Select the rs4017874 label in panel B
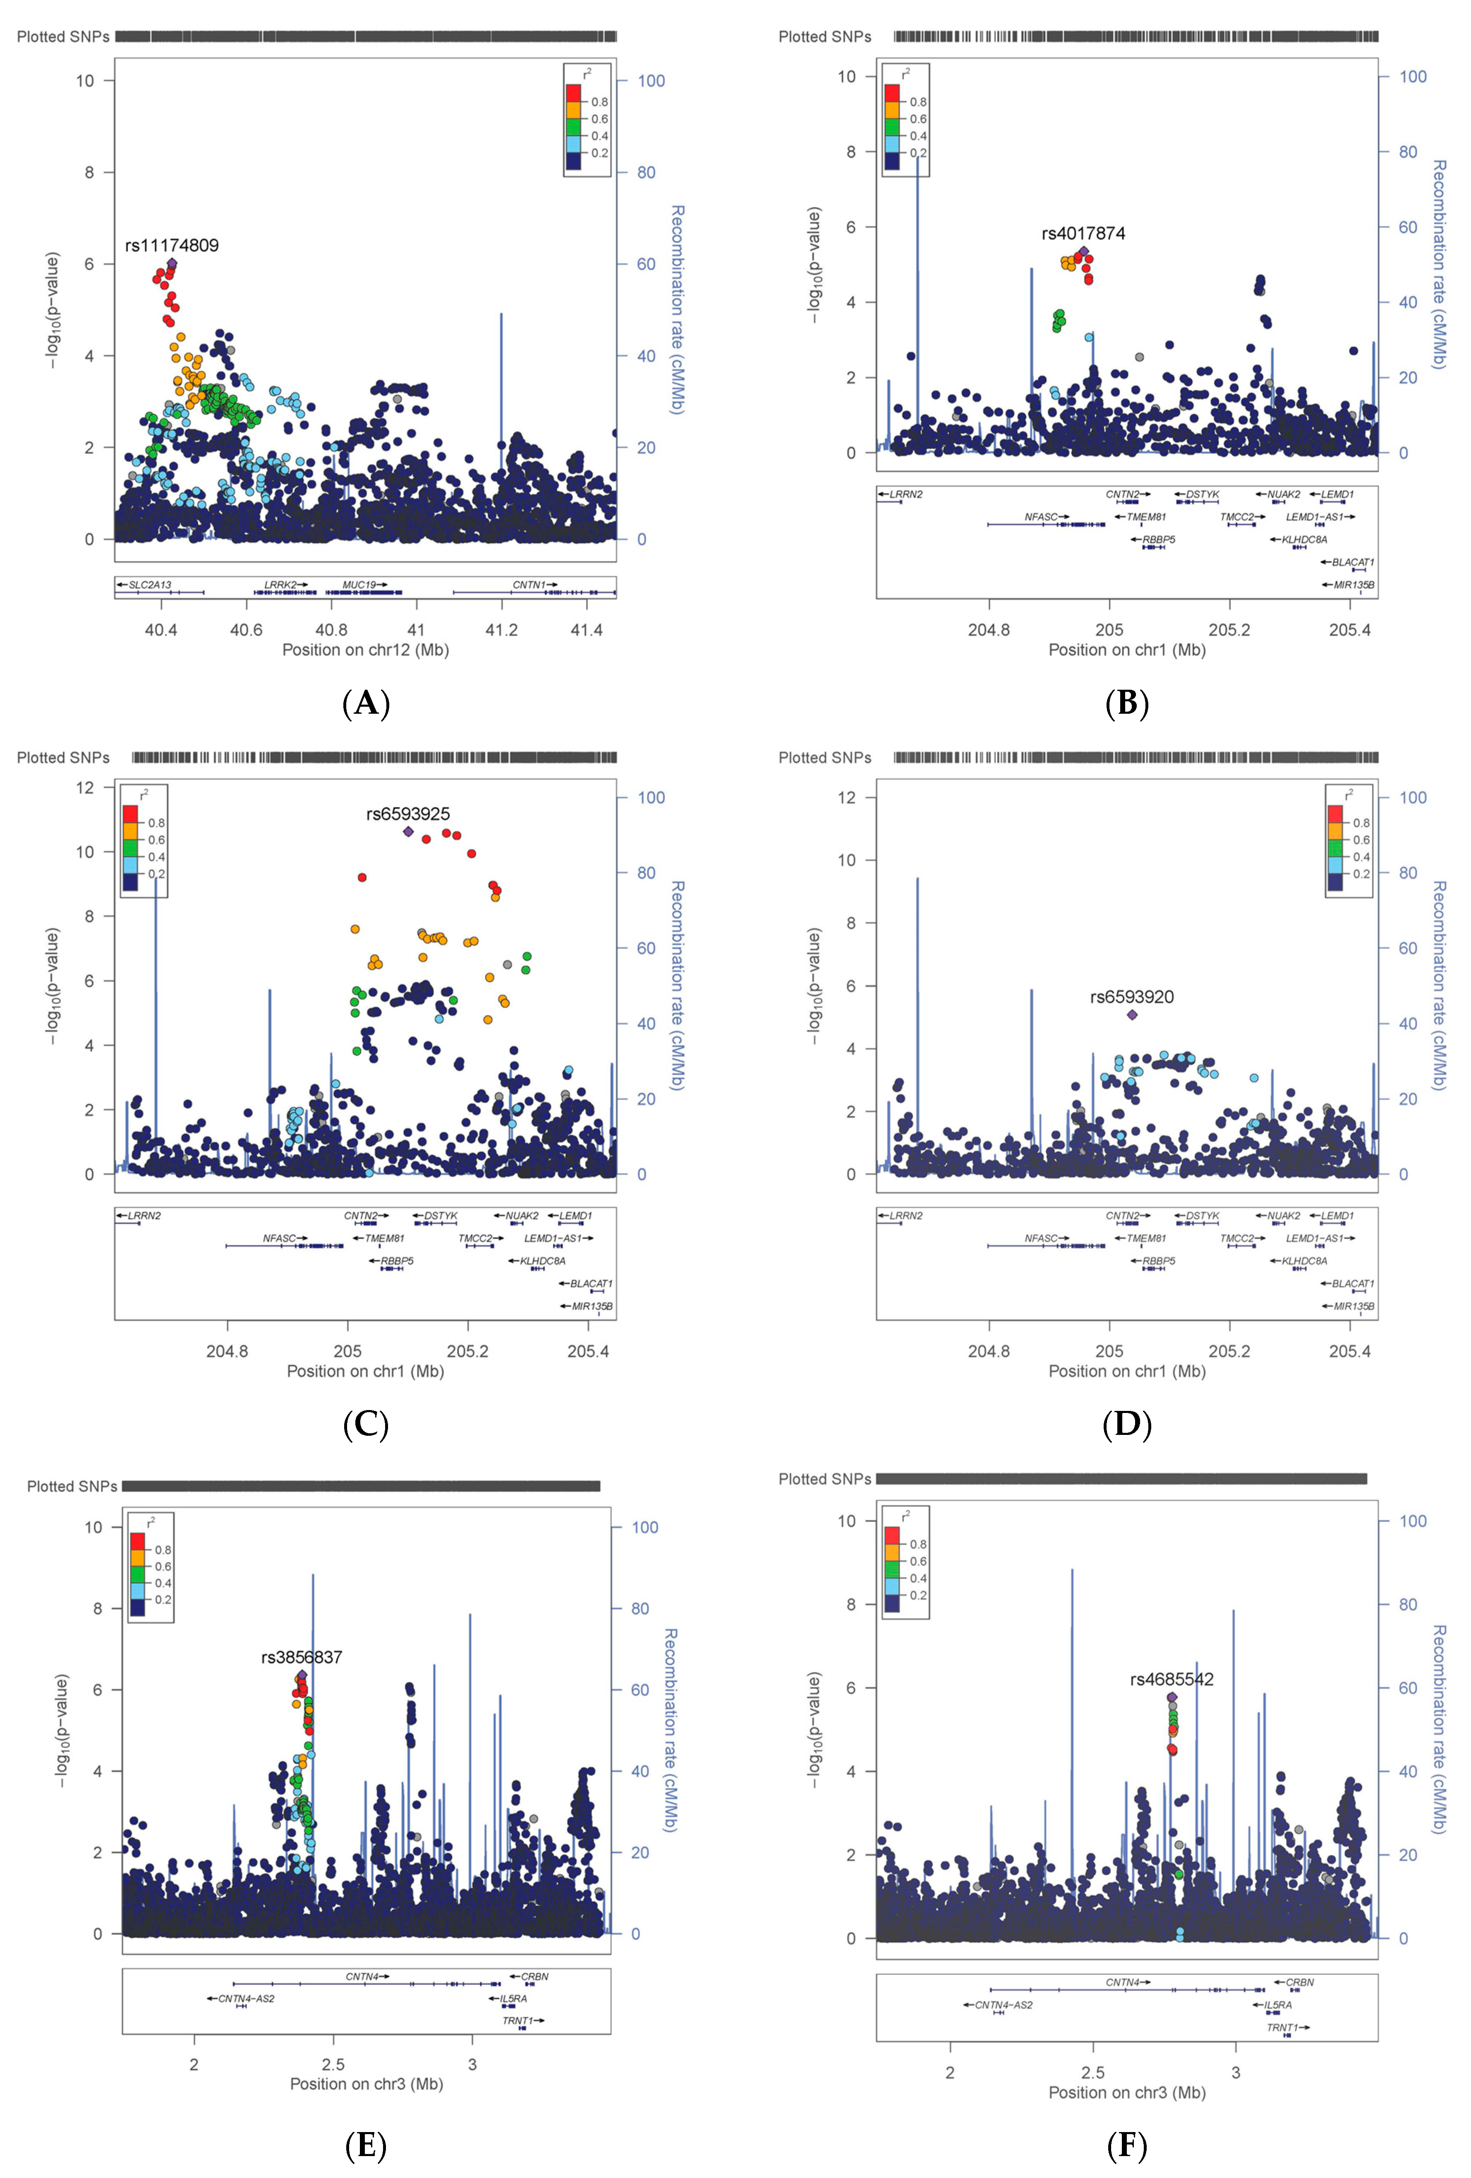[1083, 233]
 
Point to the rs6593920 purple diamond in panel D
[1132, 1014]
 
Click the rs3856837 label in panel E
[302, 1657]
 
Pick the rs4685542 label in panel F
[1171, 1679]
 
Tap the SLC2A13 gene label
[150, 585]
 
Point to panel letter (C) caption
[365, 1425]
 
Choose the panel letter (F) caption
[1126, 2145]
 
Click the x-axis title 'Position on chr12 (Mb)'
[365, 650]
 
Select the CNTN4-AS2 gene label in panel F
[1004, 2005]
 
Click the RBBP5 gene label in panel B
[1158, 540]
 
